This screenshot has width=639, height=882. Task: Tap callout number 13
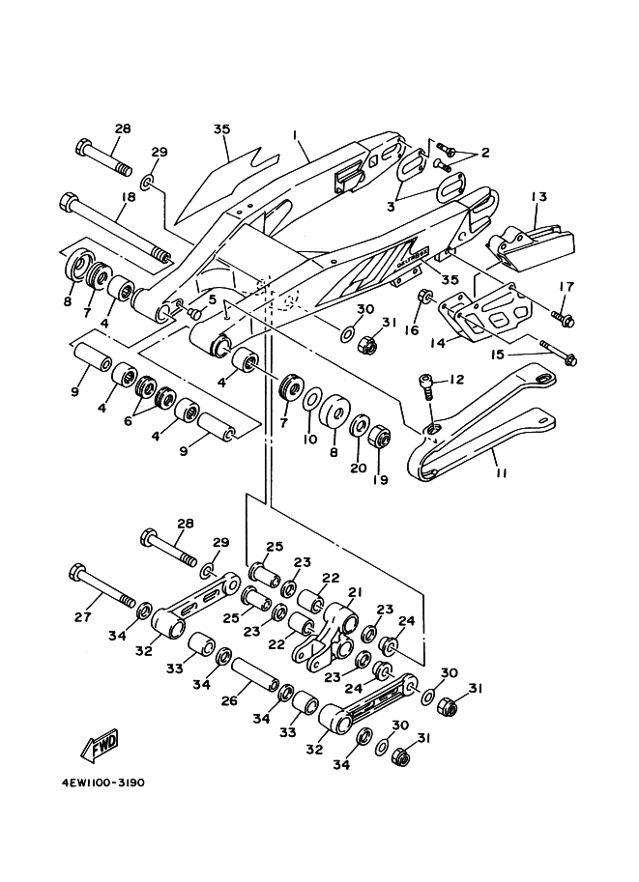pyautogui.click(x=538, y=198)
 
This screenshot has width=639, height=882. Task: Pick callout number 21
pyautogui.click(x=355, y=592)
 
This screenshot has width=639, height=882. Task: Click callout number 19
pyautogui.click(x=379, y=479)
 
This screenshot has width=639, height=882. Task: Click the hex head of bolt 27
pyautogui.click(x=79, y=575)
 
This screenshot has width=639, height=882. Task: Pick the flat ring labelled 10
pyautogui.click(x=312, y=401)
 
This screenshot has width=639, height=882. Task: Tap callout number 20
pyautogui.click(x=358, y=467)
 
